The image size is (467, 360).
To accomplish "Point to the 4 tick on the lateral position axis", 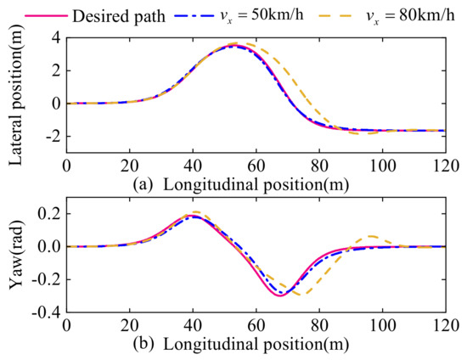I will [53, 37].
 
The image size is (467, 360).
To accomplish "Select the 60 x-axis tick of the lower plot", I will [256, 324].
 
